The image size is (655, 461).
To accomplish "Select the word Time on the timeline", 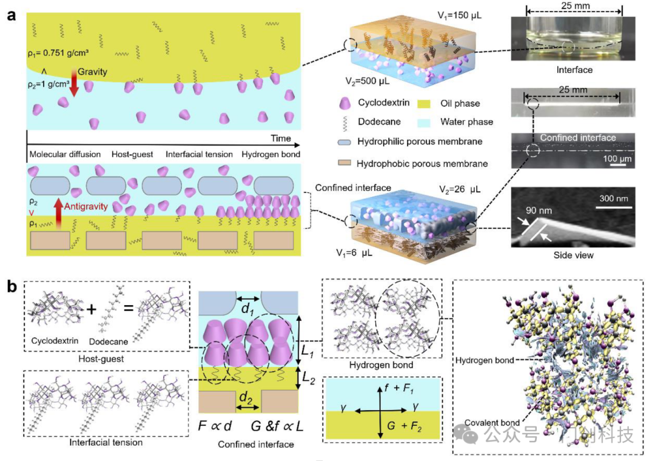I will [281, 138].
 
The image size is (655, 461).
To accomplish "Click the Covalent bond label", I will [486, 422].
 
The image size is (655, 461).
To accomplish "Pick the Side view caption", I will [574, 255].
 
